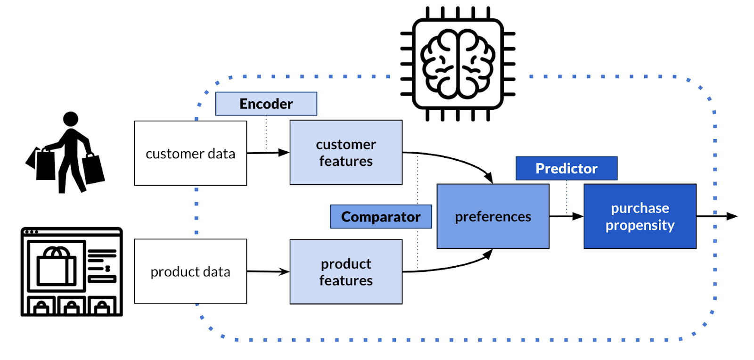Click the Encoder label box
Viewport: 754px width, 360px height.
coord(266,104)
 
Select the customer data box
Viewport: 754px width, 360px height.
coord(190,153)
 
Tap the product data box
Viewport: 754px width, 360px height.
coord(190,271)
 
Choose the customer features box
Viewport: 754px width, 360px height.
coord(346,152)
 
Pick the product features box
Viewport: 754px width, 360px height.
coord(346,272)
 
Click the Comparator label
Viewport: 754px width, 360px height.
coord(381,217)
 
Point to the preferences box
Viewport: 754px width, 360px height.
coord(493,216)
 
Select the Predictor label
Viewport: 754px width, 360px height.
coord(566,168)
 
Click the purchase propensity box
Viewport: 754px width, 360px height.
coord(640,216)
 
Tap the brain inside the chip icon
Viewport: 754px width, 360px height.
coord(457,64)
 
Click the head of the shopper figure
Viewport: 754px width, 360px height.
coord(71,119)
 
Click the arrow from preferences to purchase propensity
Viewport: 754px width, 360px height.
coord(566,216)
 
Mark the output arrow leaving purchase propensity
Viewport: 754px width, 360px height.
coord(716,216)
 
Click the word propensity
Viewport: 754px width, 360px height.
coord(640,225)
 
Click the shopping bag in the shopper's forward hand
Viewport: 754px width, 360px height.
coord(93,169)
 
